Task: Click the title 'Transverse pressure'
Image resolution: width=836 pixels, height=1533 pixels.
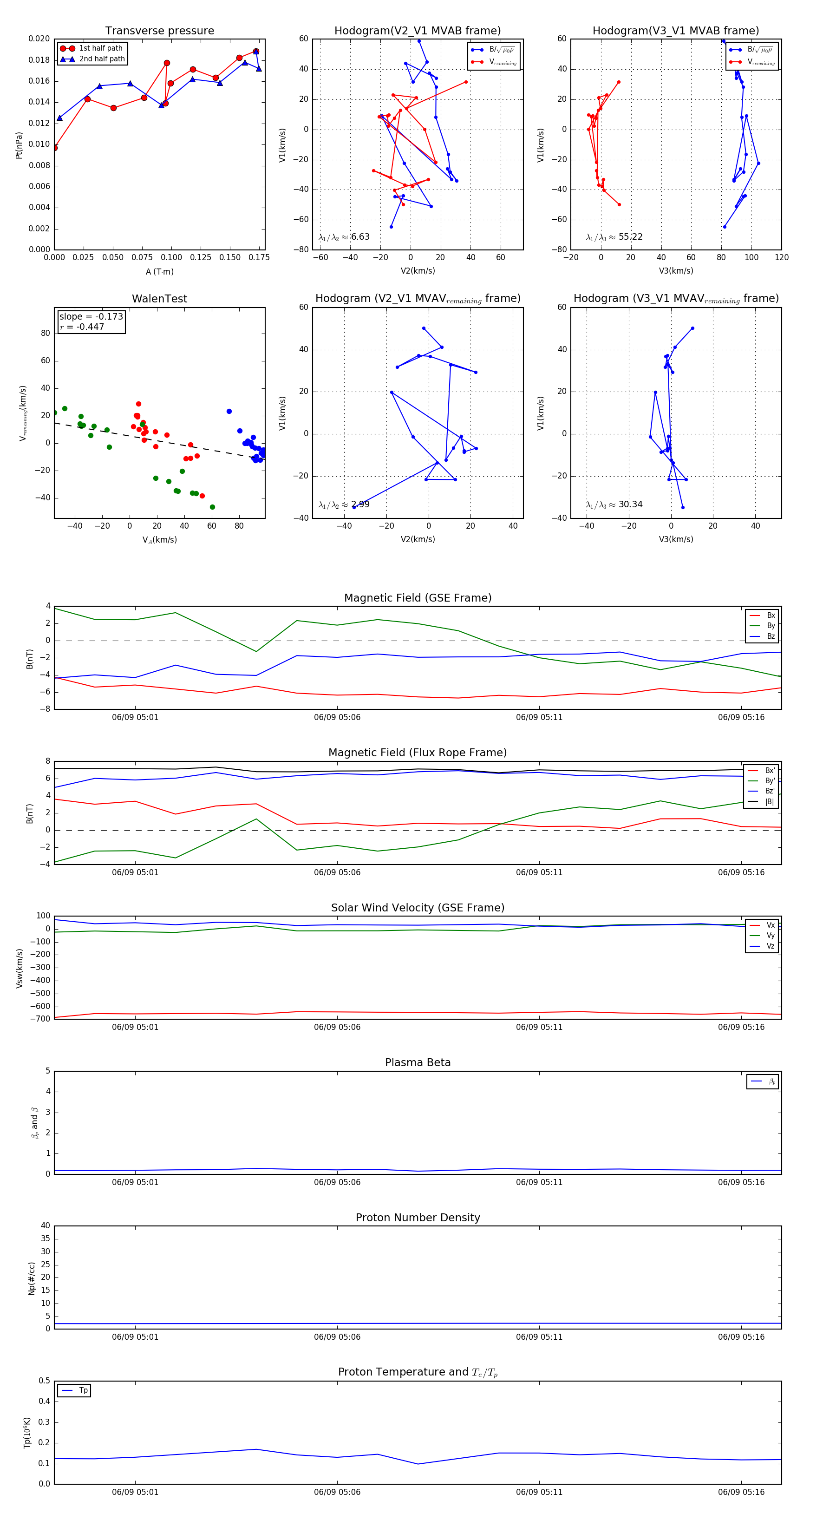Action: pos(159,31)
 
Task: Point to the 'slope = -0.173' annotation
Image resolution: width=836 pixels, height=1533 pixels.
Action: pos(91,317)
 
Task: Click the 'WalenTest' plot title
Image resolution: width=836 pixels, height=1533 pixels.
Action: pos(159,299)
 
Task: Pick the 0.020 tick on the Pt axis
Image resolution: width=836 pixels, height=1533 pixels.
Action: pos(39,39)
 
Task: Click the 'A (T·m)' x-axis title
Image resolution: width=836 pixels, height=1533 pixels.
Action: pos(159,271)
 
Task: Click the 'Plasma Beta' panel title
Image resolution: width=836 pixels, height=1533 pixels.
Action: pos(418,1062)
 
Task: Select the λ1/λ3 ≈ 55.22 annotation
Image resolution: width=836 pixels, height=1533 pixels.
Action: pos(614,237)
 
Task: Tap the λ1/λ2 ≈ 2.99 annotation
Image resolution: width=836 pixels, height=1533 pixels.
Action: pos(344,504)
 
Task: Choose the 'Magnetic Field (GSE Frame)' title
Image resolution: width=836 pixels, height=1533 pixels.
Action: pos(418,598)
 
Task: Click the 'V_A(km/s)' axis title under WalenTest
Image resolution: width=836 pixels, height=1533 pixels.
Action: pos(159,540)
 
